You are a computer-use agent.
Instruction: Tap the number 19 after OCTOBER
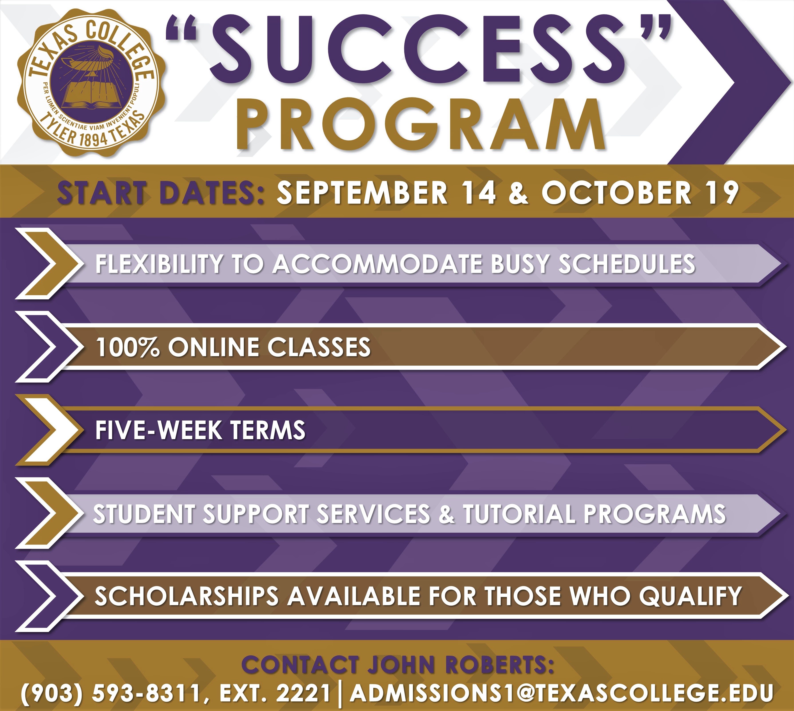[723, 193]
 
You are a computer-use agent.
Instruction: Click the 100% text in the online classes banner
[128, 347]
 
